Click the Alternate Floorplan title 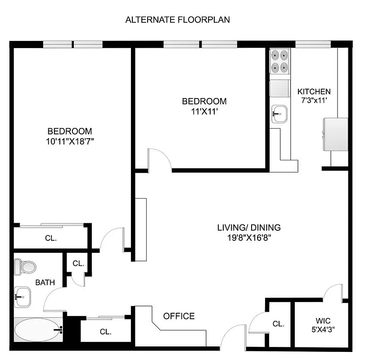(x=178, y=20)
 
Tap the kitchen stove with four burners (x=279, y=62)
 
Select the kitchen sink (x=279, y=112)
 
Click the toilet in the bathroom (x=25, y=266)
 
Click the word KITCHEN (x=314, y=91)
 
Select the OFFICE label (x=179, y=316)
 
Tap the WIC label (x=323, y=321)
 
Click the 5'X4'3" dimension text (x=323, y=329)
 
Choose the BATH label (x=45, y=283)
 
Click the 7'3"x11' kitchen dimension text (x=314, y=101)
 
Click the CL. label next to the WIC (x=278, y=324)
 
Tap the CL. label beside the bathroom (x=78, y=263)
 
